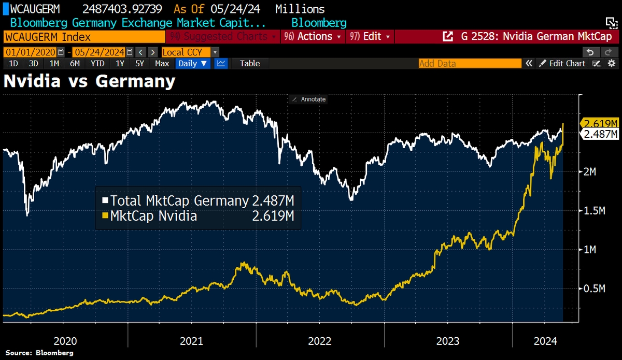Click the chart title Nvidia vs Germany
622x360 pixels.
pos(90,81)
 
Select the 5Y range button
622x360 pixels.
pos(139,63)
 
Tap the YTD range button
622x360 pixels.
pos(97,63)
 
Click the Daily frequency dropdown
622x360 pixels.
pos(193,63)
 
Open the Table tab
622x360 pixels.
pos(250,63)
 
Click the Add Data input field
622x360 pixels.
pos(470,63)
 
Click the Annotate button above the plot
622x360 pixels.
pos(309,99)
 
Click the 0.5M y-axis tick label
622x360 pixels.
pos(594,289)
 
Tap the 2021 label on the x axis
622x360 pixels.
pos(191,341)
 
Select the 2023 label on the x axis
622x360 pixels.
pos(447,341)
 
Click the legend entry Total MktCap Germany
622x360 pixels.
pos(179,200)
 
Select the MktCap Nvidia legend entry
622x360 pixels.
pos(153,215)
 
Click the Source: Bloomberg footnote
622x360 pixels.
pos(39,353)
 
